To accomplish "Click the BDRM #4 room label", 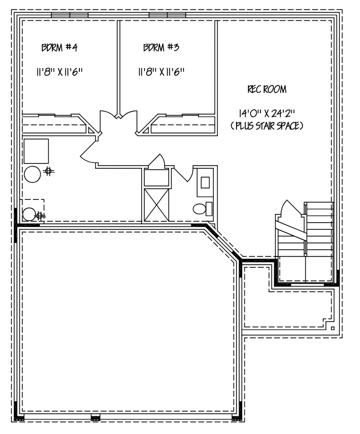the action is pyautogui.click(x=60, y=48).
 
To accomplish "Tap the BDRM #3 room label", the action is pyautogui.click(x=161, y=47).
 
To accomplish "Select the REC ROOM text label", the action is pyautogui.click(x=267, y=89).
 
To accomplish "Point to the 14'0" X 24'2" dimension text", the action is pyautogui.click(x=267, y=113).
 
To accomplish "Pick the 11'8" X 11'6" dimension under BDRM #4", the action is pyautogui.click(x=60, y=72).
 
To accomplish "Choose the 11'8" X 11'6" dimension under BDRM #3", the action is pyautogui.click(x=161, y=72).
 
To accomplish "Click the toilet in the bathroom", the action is pyautogui.click(x=202, y=209).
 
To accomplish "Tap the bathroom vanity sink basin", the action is pyautogui.click(x=205, y=183).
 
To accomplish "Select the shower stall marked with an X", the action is pyautogui.click(x=157, y=205).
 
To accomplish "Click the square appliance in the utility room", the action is pyautogui.click(x=36, y=151).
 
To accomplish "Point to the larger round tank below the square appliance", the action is pyautogui.click(x=32, y=174).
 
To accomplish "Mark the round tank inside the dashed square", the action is pyautogui.click(x=29, y=214).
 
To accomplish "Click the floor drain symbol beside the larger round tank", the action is pyautogui.click(x=48, y=171).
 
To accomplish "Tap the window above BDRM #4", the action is pyautogui.click(x=70, y=15).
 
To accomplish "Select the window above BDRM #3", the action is pyautogui.click(x=167, y=15).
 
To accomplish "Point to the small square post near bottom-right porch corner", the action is pyautogui.click(x=333, y=329).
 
